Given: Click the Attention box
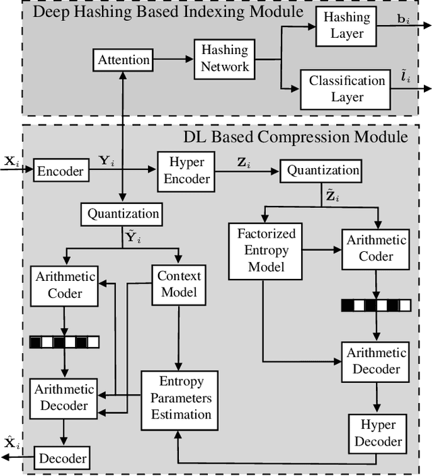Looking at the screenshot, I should pos(124,60).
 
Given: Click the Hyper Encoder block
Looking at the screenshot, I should pos(185,171).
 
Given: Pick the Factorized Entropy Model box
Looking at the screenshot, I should pos(266,250).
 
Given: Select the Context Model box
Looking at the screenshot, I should pos(179,284).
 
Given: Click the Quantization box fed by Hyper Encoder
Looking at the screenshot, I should pos(323,170).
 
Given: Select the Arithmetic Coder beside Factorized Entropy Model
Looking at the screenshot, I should pos(376,248).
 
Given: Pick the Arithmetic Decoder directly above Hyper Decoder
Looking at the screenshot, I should pos(376,361).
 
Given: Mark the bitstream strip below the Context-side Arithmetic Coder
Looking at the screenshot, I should pos(64,342).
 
